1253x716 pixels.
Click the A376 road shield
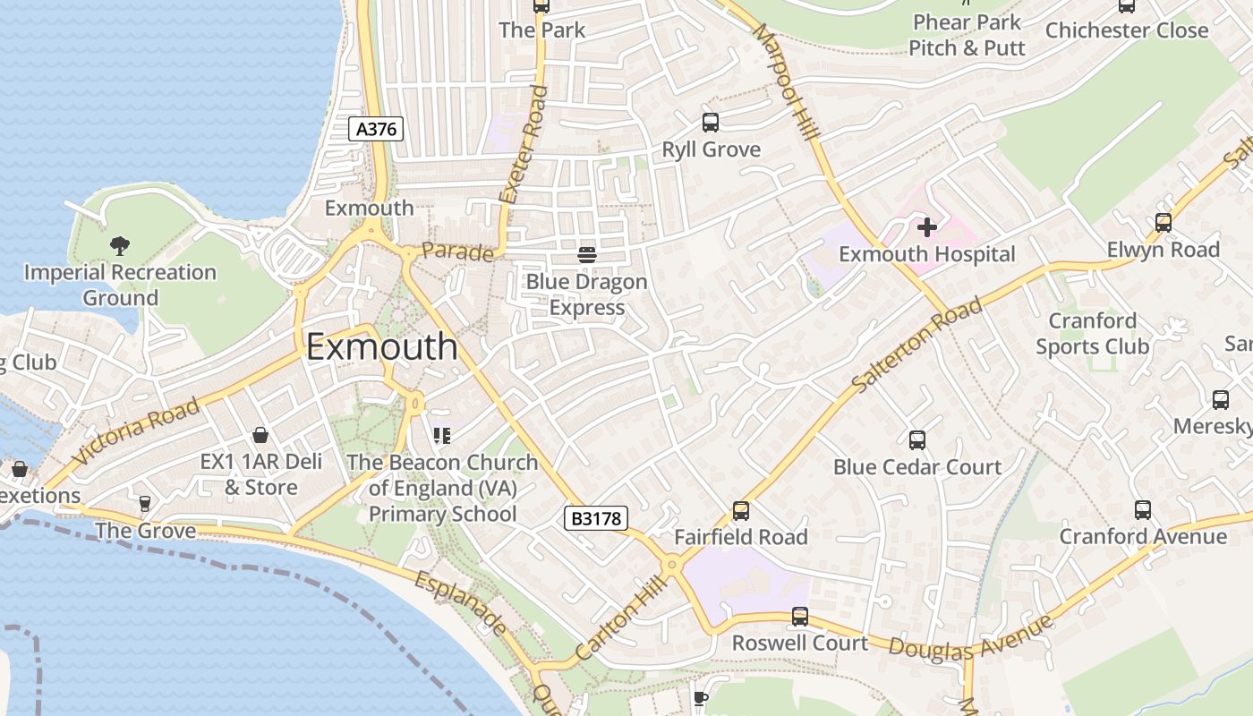(x=376, y=129)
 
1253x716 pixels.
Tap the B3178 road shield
(x=596, y=517)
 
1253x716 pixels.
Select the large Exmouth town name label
(x=382, y=347)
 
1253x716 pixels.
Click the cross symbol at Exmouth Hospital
(x=926, y=227)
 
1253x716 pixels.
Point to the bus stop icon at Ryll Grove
(x=711, y=123)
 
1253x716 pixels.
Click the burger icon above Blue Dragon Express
(x=587, y=255)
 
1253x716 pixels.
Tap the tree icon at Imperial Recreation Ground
(x=119, y=245)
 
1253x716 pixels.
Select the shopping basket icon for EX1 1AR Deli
(x=260, y=435)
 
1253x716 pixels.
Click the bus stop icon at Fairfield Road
(x=740, y=510)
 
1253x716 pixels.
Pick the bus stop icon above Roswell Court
(x=799, y=617)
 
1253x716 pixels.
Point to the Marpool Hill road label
(x=787, y=82)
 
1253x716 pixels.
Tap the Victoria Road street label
(x=135, y=432)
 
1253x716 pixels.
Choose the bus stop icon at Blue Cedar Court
(x=916, y=440)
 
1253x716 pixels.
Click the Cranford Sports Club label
(x=1092, y=333)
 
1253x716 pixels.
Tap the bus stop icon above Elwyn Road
(x=1163, y=223)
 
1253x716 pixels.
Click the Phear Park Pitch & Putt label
(x=967, y=35)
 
